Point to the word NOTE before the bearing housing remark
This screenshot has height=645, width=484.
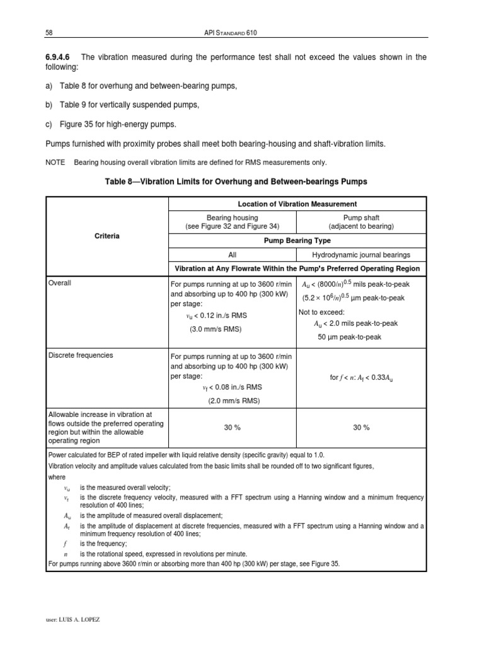55,162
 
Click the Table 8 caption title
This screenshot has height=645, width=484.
236,182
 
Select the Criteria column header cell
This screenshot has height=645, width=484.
107,236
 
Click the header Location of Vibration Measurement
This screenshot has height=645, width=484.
297,203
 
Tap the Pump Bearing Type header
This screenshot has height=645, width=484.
297,241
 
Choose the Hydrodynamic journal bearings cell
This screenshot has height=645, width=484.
361,254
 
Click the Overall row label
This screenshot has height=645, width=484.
60,283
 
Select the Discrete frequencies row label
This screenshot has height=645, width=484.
81,355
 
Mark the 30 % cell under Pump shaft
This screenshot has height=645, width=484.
361,427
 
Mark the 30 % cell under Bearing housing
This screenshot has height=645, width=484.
233,427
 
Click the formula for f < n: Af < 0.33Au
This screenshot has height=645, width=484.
361,378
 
